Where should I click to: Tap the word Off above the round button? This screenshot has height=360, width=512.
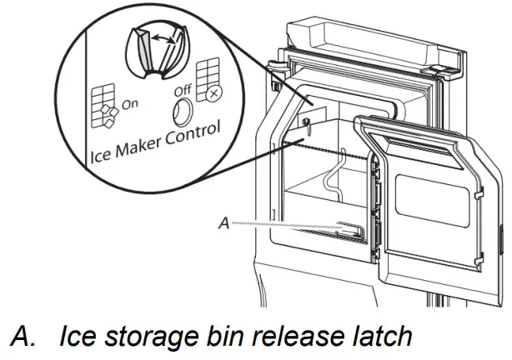[182, 88]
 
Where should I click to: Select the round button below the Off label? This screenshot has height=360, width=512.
[183, 111]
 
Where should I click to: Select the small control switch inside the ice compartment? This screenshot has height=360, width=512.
[308, 126]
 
